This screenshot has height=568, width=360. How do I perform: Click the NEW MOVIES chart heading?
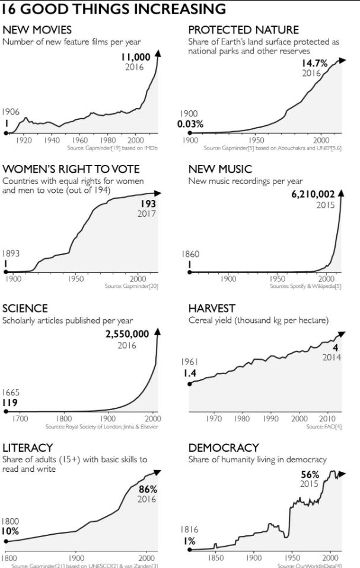[x=37, y=30]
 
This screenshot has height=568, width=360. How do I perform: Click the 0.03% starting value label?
[x=190, y=124]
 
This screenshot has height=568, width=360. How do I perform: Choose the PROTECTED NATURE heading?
[x=243, y=30]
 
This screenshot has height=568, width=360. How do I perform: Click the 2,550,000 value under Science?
[x=127, y=334]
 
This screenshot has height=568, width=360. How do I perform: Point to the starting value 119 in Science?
[x=10, y=402]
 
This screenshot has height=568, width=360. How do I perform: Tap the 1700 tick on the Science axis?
[x=20, y=418]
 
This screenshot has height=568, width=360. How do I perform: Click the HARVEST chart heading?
[x=212, y=308]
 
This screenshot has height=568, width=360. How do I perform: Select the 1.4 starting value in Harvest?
[x=190, y=373]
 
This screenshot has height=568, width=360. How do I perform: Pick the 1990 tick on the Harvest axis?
[x=270, y=418]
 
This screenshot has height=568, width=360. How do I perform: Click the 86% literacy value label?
[x=148, y=489]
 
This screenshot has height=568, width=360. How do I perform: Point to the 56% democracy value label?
[x=310, y=474]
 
